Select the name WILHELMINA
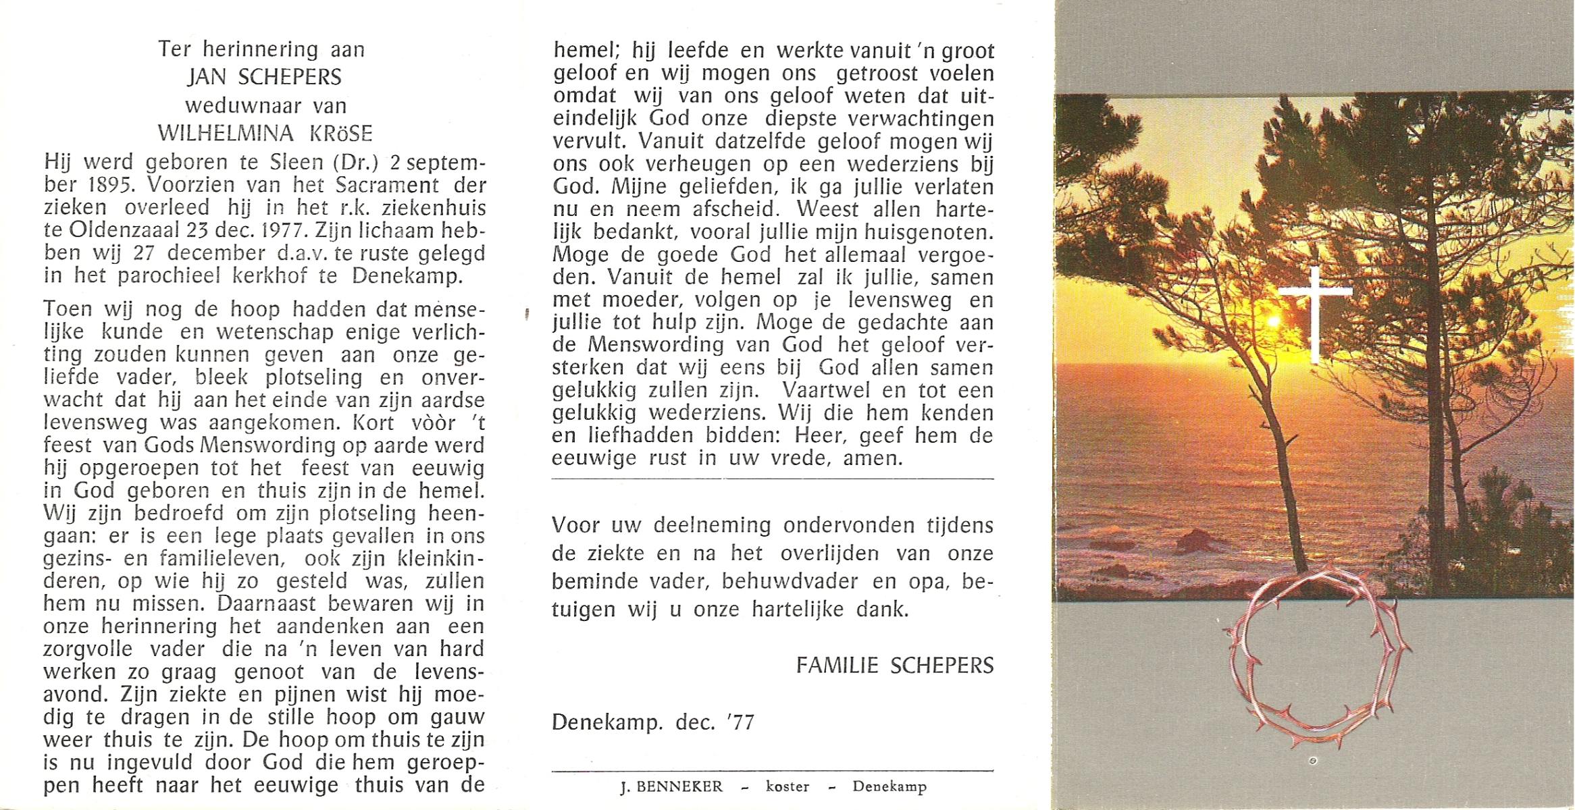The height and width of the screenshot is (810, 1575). (x=225, y=133)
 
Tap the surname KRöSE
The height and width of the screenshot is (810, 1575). (x=341, y=133)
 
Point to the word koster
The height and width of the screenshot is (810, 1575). (x=787, y=786)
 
